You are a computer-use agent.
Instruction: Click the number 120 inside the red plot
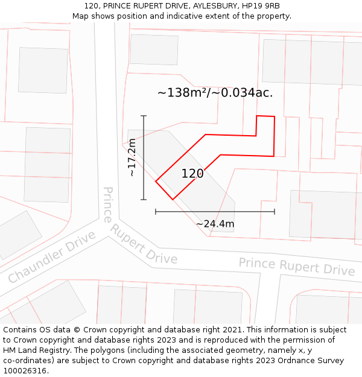click(x=192, y=174)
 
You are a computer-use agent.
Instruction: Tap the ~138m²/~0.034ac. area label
click(x=215, y=93)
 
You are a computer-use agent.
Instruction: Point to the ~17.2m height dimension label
click(x=132, y=157)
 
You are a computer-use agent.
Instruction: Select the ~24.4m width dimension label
click(x=215, y=224)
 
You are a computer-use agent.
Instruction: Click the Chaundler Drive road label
click(x=52, y=257)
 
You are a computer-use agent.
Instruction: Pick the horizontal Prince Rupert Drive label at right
click(x=296, y=267)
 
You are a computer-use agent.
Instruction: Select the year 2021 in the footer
click(x=232, y=329)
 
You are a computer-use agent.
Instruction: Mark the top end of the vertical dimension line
click(x=144, y=115)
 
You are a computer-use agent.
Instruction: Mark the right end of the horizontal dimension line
click(x=275, y=212)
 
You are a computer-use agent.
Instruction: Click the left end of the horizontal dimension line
click(x=156, y=212)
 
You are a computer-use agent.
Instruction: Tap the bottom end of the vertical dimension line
click(x=144, y=200)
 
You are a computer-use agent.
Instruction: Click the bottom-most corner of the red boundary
click(x=173, y=199)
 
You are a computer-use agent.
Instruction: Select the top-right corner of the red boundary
click(x=275, y=116)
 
